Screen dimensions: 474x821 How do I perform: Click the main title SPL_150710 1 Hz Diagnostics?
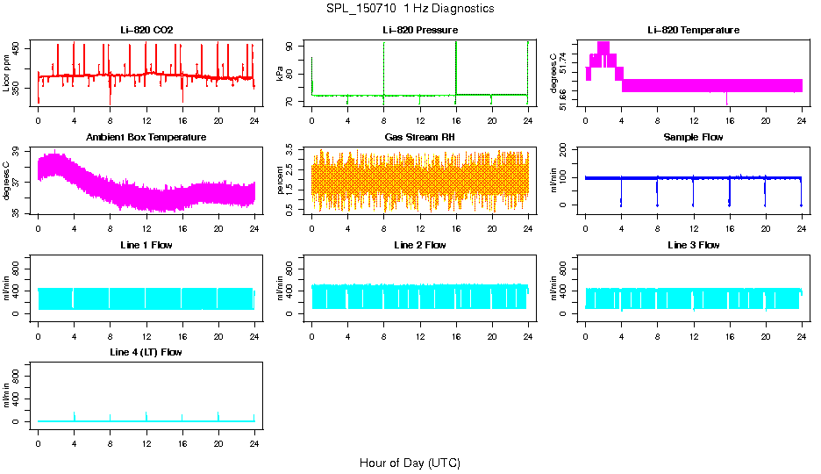click(x=410, y=9)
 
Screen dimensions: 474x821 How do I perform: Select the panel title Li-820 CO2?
click(x=146, y=31)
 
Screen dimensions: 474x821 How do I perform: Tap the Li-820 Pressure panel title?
click(x=419, y=31)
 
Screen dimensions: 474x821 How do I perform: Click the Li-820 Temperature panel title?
click(x=693, y=31)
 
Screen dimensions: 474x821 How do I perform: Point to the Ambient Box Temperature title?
click(x=146, y=138)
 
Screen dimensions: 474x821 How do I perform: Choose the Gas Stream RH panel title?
click(x=419, y=138)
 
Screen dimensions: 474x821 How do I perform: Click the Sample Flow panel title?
click(x=693, y=138)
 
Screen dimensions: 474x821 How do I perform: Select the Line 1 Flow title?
click(x=146, y=245)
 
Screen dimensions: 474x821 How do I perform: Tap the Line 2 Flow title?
click(x=419, y=245)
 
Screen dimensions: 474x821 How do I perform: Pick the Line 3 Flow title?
click(x=693, y=245)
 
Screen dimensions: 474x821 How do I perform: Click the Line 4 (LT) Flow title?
click(x=146, y=352)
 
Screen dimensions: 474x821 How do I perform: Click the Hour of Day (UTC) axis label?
click(x=410, y=463)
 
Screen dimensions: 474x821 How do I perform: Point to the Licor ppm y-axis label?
click(x=7, y=72)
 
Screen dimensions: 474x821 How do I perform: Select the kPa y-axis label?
click(x=281, y=73)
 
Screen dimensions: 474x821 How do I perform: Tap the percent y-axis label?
click(x=281, y=180)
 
